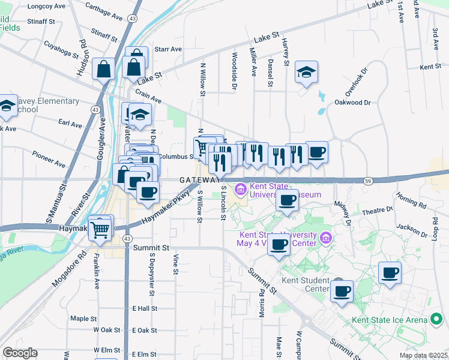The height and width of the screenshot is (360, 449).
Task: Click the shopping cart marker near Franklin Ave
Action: click(101, 228)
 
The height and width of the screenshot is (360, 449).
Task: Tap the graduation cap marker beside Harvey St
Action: click(306, 73)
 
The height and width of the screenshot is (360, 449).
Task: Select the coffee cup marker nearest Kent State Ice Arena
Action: click(390, 274)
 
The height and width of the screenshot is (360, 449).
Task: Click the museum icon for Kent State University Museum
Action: click(241, 190)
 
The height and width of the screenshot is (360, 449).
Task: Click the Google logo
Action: click(20, 353)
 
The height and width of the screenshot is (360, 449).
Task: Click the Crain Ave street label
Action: click(149, 95)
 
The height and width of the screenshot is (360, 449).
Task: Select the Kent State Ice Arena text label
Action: click(390, 320)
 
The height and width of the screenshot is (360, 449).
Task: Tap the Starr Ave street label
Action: click(167, 49)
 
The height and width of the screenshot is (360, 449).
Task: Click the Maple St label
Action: click(83, 319)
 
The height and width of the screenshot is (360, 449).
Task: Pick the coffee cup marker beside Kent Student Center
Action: click(342, 292)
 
